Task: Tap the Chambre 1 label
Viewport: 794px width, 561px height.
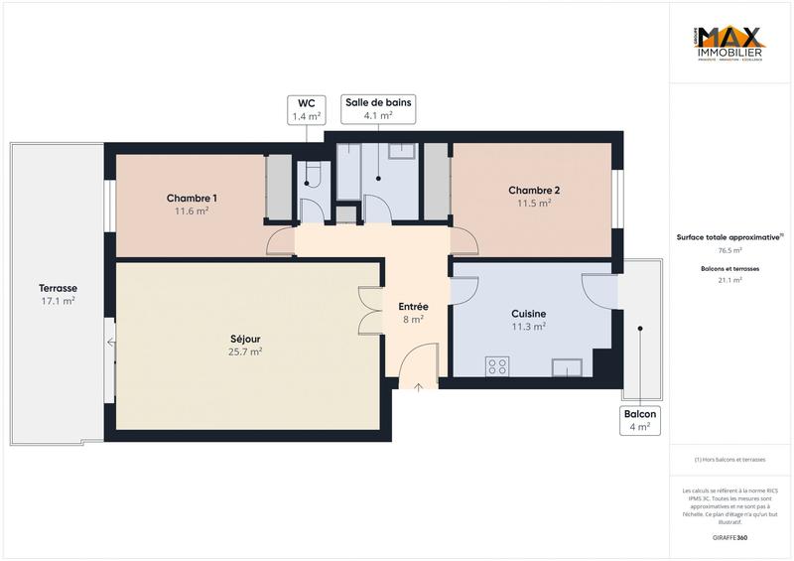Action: pos(192,198)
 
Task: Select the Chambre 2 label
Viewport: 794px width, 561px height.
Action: pos(534,191)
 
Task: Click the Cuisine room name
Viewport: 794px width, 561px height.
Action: pos(528,314)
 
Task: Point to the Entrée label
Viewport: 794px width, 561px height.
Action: pos(413,307)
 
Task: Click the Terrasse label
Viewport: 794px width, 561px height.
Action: pos(59,288)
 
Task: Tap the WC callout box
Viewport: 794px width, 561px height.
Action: pos(305,109)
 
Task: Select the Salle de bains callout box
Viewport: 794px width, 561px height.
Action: pos(378,108)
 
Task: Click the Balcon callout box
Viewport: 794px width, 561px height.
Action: pos(639,420)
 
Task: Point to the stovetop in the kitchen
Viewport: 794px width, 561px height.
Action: pos(497,366)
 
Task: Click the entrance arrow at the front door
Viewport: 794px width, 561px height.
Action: pos(418,385)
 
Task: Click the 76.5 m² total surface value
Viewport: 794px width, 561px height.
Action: pos(729,251)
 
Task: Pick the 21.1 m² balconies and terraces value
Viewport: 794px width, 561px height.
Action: pos(729,281)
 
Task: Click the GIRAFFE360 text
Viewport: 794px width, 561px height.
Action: pos(729,536)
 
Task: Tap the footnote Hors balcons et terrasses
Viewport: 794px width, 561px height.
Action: pos(729,459)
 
